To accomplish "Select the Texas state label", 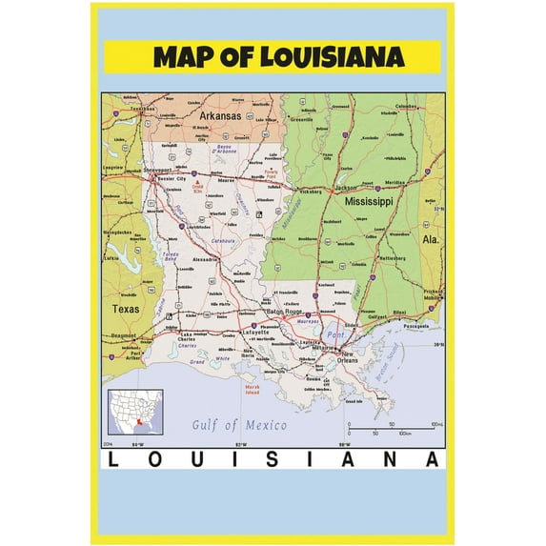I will (125, 310).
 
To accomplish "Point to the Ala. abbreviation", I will (431, 240).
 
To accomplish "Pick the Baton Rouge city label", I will (283, 312).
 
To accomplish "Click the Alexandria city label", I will (206, 258).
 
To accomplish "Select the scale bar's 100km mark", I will (404, 433).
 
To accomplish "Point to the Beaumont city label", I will (124, 336).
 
